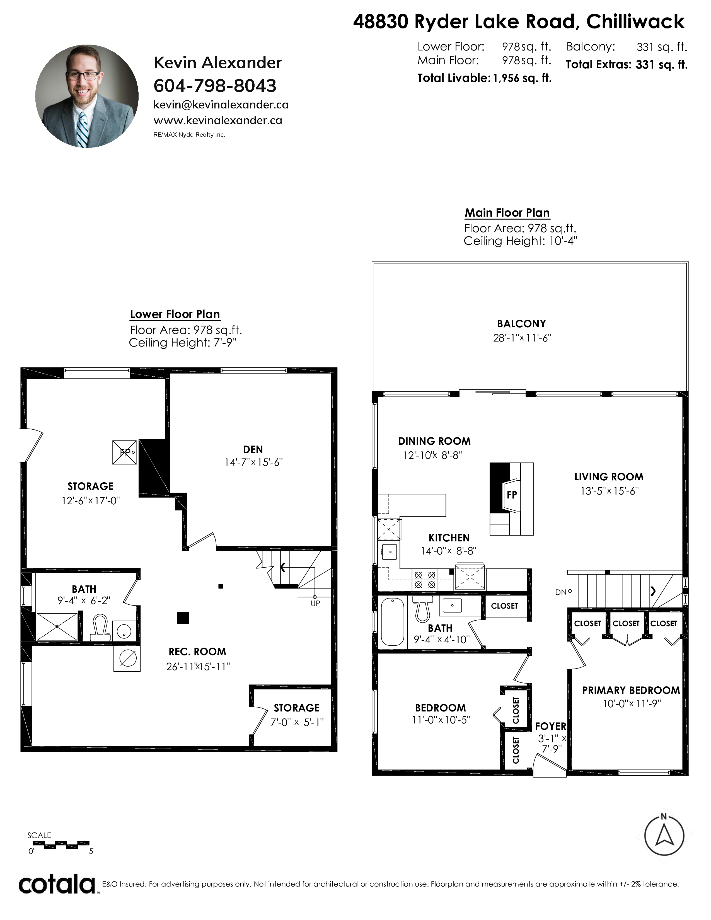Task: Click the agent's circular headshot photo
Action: pos(87,96)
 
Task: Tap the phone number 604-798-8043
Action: pos(215,86)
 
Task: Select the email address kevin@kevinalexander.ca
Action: pos(221,105)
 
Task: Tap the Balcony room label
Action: pos(521,324)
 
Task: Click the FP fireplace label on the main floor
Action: pos(512,495)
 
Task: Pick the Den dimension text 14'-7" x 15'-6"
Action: pos(253,462)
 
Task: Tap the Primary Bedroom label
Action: pos(631,691)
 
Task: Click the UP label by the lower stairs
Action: pos(315,603)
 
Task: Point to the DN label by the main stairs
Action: pos(561,592)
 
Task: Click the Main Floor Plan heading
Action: pos(507,213)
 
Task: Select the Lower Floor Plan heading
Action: pos(175,314)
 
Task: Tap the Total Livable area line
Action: pos(484,78)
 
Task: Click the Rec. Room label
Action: pos(198,652)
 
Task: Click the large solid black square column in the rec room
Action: pos(183,618)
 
